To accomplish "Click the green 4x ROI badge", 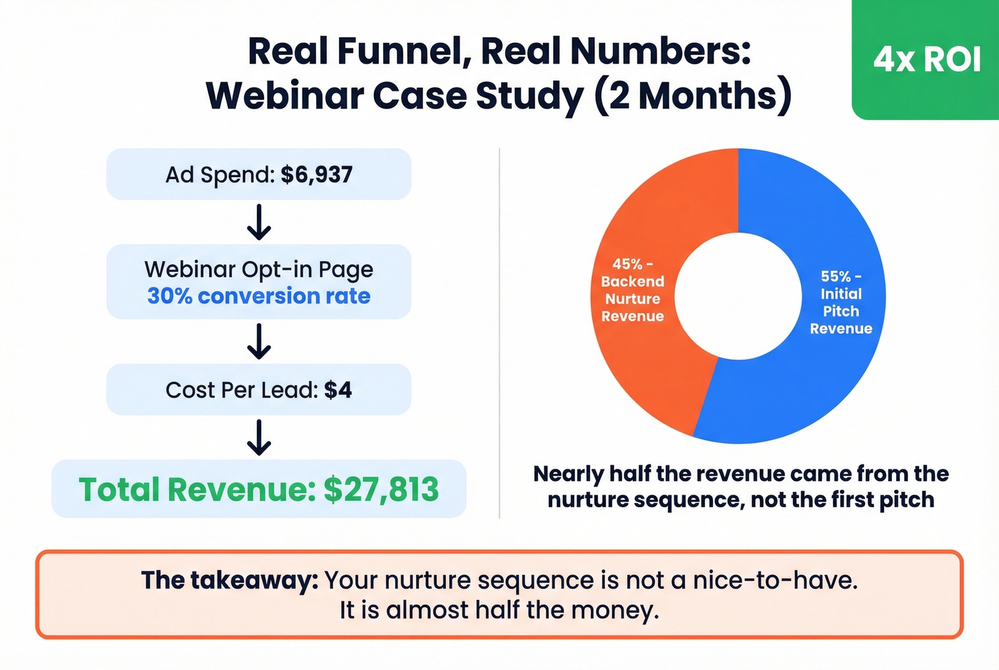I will [926, 59].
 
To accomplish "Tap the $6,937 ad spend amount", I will [316, 175].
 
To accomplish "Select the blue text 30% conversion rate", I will [258, 296].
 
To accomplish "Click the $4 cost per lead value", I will [338, 390].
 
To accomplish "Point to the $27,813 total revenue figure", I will [381, 489].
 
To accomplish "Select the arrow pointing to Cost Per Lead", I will [258, 341].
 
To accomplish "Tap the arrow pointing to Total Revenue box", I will [258, 437].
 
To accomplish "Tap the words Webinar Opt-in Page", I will [258, 270].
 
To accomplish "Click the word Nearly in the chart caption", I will [568, 474].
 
